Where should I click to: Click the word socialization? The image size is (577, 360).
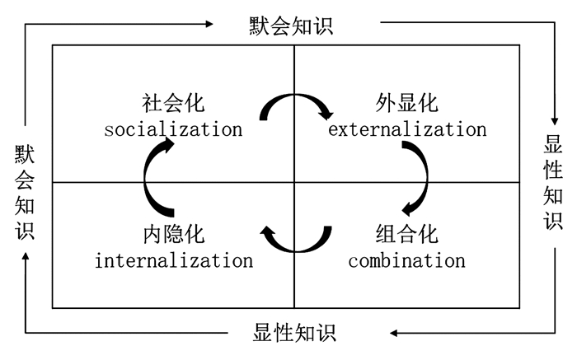point(173,129)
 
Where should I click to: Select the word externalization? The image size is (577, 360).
point(407,129)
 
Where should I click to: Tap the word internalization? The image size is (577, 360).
point(173,261)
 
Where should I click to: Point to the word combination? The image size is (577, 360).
point(406,261)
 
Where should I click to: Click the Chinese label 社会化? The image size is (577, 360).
point(173,105)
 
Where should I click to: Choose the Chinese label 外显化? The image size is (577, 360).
point(406,105)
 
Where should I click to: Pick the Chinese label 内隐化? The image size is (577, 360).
point(173,236)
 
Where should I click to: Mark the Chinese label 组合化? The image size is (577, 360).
point(406,236)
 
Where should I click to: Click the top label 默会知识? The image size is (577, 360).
point(291,26)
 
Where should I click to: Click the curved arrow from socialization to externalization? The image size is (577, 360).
point(295,105)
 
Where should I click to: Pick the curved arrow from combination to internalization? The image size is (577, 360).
point(295,241)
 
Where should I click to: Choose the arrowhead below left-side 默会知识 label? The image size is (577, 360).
point(25,258)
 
